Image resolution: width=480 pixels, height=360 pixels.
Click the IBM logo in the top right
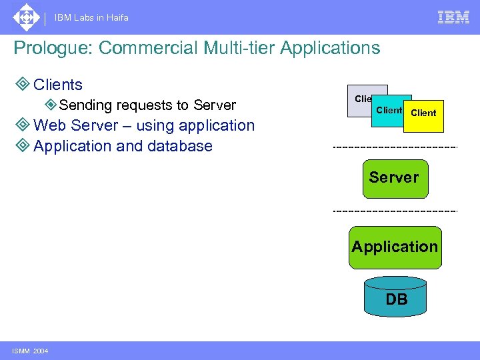pos(453,17)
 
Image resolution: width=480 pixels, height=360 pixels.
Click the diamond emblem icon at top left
pos(26,17)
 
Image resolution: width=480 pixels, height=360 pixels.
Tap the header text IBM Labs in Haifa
pos(92,18)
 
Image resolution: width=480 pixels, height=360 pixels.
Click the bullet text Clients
pos(58,85)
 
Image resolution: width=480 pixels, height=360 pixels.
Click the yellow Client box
pos(424,115)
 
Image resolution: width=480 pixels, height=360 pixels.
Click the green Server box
pos(394,178)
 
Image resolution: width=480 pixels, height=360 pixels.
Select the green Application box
pos(395,247)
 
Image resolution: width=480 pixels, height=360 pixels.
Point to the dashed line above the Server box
pos(395,147)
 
